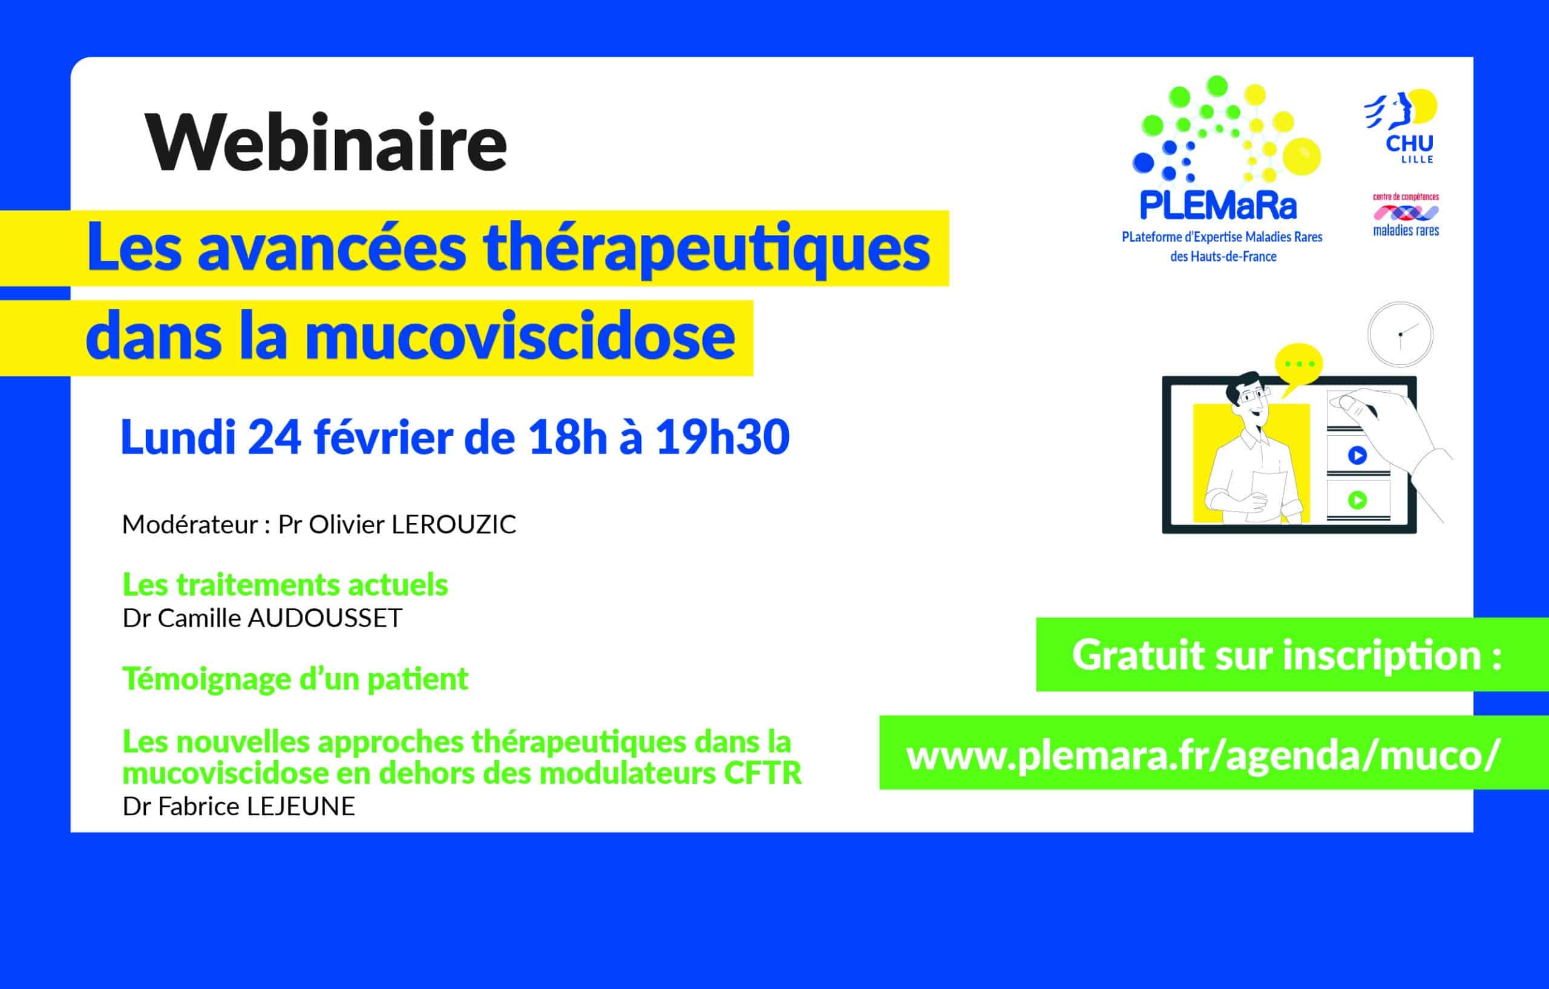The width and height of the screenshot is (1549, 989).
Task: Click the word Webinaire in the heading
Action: [326, 142]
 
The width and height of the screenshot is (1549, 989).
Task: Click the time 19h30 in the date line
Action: [722, 438]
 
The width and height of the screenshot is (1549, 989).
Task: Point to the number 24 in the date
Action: [274, 438]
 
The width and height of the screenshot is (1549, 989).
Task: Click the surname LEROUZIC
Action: [454, 524]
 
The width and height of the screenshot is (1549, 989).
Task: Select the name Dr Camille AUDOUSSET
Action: [263, 618]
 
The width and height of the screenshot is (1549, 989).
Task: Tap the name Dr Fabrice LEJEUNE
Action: [238, 806]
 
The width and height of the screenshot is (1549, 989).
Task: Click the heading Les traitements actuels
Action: [285, 585]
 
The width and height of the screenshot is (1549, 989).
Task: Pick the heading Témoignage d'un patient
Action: [295, 679]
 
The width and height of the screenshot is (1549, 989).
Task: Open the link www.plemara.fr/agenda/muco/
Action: [1203, 755]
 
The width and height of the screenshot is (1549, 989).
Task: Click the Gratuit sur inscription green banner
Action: [1292, 654]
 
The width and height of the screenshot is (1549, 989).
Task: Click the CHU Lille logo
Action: [1403, 126]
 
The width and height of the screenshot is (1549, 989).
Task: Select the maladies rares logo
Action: [1406, 215]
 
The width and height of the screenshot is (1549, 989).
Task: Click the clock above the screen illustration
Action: [1400, 335]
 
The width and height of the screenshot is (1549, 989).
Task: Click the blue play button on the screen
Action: [1357, 456]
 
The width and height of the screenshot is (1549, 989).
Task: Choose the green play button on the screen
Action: [1357, 500]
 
